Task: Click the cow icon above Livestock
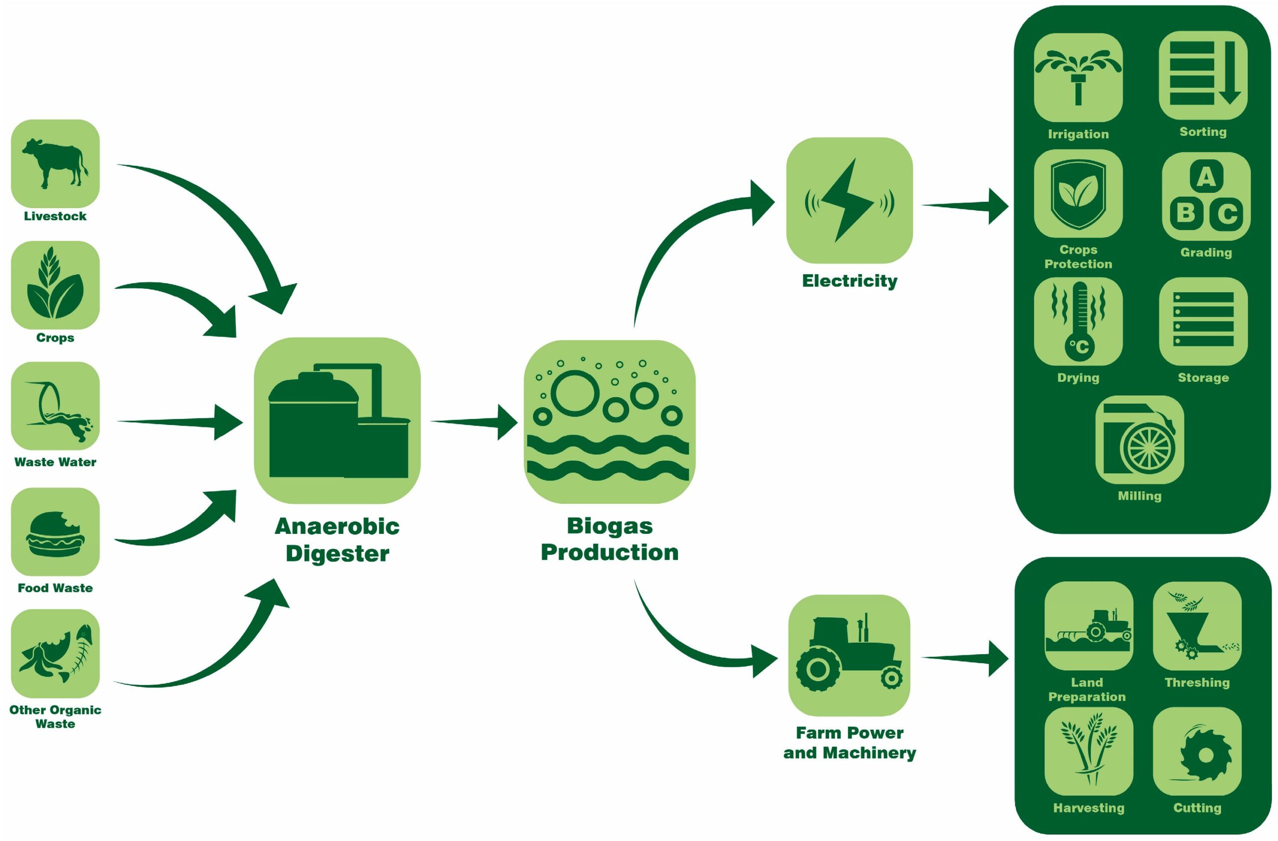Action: coord(55,163)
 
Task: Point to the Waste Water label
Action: coord(55,462)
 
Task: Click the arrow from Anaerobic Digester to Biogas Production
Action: coord(475,422)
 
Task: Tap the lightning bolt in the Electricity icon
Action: coord(847,200)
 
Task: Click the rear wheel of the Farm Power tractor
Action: coord(818,669)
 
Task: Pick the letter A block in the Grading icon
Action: coord(1206,176)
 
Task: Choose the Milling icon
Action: coord(1139,439)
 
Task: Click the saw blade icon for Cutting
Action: coord(1205,755)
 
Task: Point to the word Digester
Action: coord(337,553)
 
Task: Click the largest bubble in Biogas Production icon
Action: coord(575,393)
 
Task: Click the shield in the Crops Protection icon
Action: coord(1078,193)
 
